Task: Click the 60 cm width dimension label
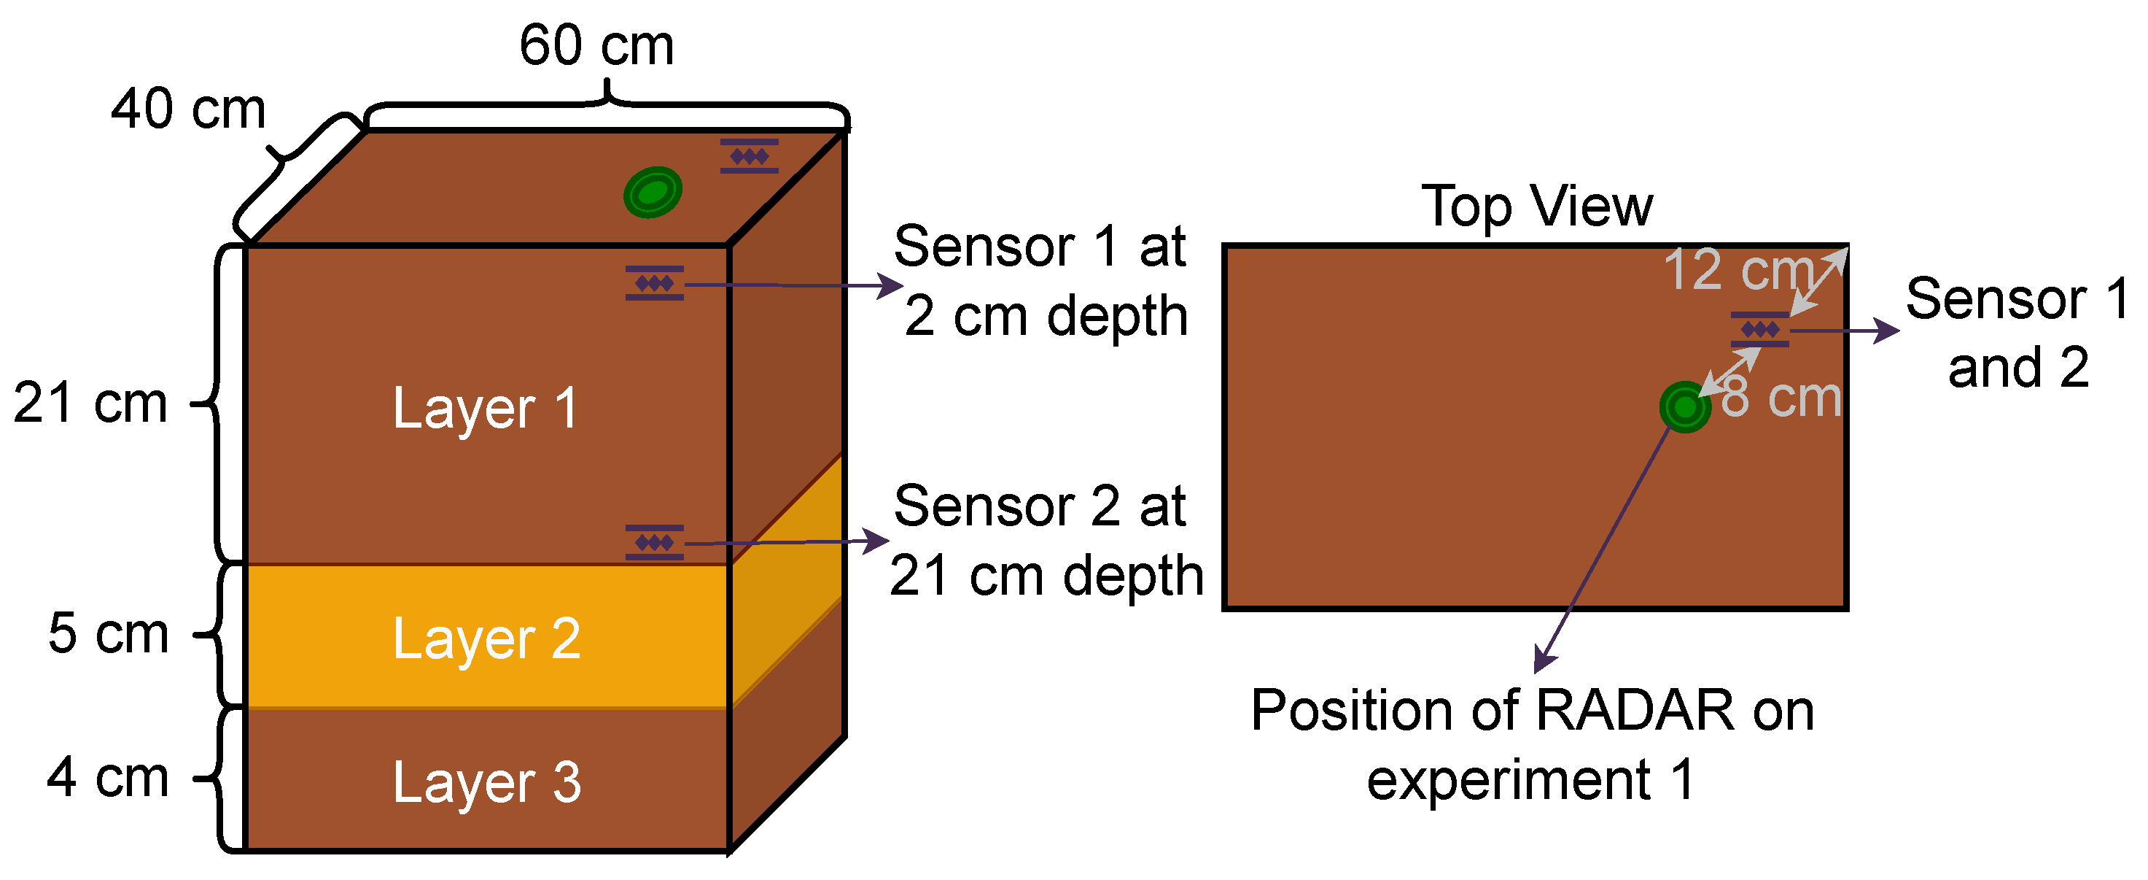pyautogui.click(x=596, y=45)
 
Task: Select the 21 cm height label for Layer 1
pyautogui.click(x=90, y=404)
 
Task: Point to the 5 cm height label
pyautogui.click(x=109, y=634)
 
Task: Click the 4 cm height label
pyautogui.click(x=109, y=777)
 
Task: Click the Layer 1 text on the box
pyautogui.click(x=486, y=409)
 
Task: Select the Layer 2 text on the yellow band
pyautogui.click(x=487, y=640)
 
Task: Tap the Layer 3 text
pyautogui.click(x=487, y=783)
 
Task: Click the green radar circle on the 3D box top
pyautogui.click(x=653, y=192)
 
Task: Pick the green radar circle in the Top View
pyautogui.click(x=1684, y=407)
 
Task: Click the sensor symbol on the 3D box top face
pyautogui.click(x=749, y=156)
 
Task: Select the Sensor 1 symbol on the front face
pyautogui.click(x=655, y=283)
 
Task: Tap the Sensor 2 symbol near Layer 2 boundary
pyautogui.click(x=655, y=542)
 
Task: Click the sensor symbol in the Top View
pyautogui.click(x=1759, y=330)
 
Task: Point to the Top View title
pyautogui.click(x=1536, y=206)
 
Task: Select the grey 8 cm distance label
pyautogui.click(x=1781, y=397)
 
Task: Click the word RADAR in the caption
pyautogui.click(x=1635, y=711)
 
